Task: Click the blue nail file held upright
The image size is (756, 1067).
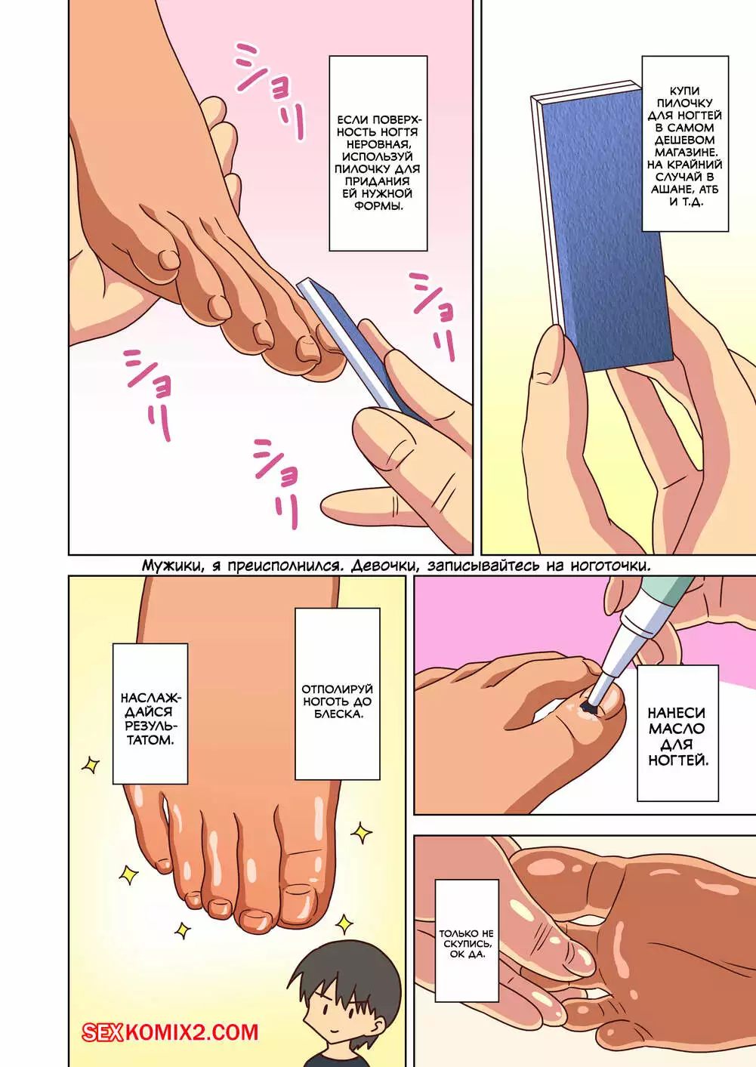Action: (602, 227)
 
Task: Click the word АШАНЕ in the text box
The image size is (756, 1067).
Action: (671, 189)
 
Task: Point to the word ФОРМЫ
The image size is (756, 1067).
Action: (378, 206)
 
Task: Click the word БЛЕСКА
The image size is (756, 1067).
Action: (338, 714)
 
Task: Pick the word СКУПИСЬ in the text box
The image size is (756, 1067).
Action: (467, 944)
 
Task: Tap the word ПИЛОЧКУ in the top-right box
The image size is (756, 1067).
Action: (685, 103)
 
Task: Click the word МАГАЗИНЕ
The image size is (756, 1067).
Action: (685, 153)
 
